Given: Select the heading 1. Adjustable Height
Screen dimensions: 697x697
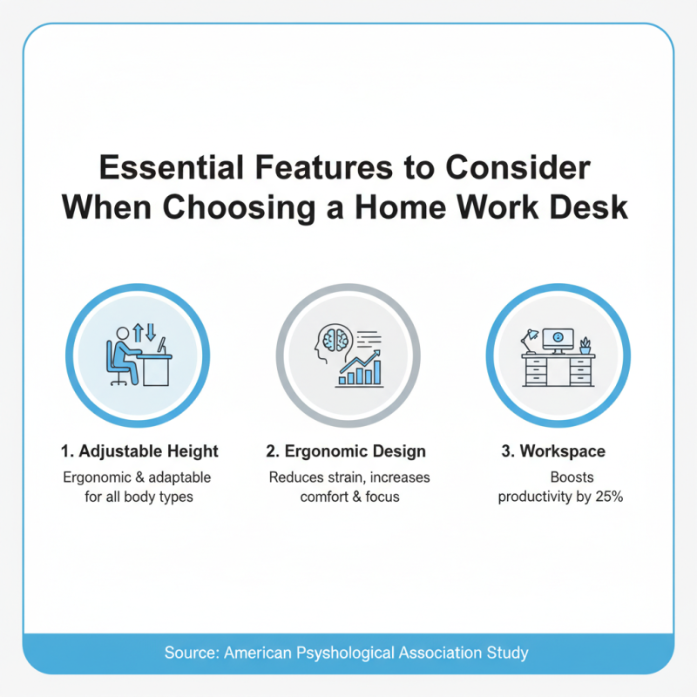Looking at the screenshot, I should click(139, 451).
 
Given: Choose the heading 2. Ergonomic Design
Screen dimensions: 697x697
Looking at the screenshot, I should click(346, 451).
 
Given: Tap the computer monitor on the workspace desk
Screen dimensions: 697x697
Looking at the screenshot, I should click(558, 338).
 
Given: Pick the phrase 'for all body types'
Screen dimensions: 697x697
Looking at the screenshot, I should click(137, 497).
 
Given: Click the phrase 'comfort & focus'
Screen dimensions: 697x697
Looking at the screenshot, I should click(348, 497).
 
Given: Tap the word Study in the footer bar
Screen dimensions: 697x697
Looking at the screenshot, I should click(509, 653).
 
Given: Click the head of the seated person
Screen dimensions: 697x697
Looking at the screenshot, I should click(123, 334).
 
